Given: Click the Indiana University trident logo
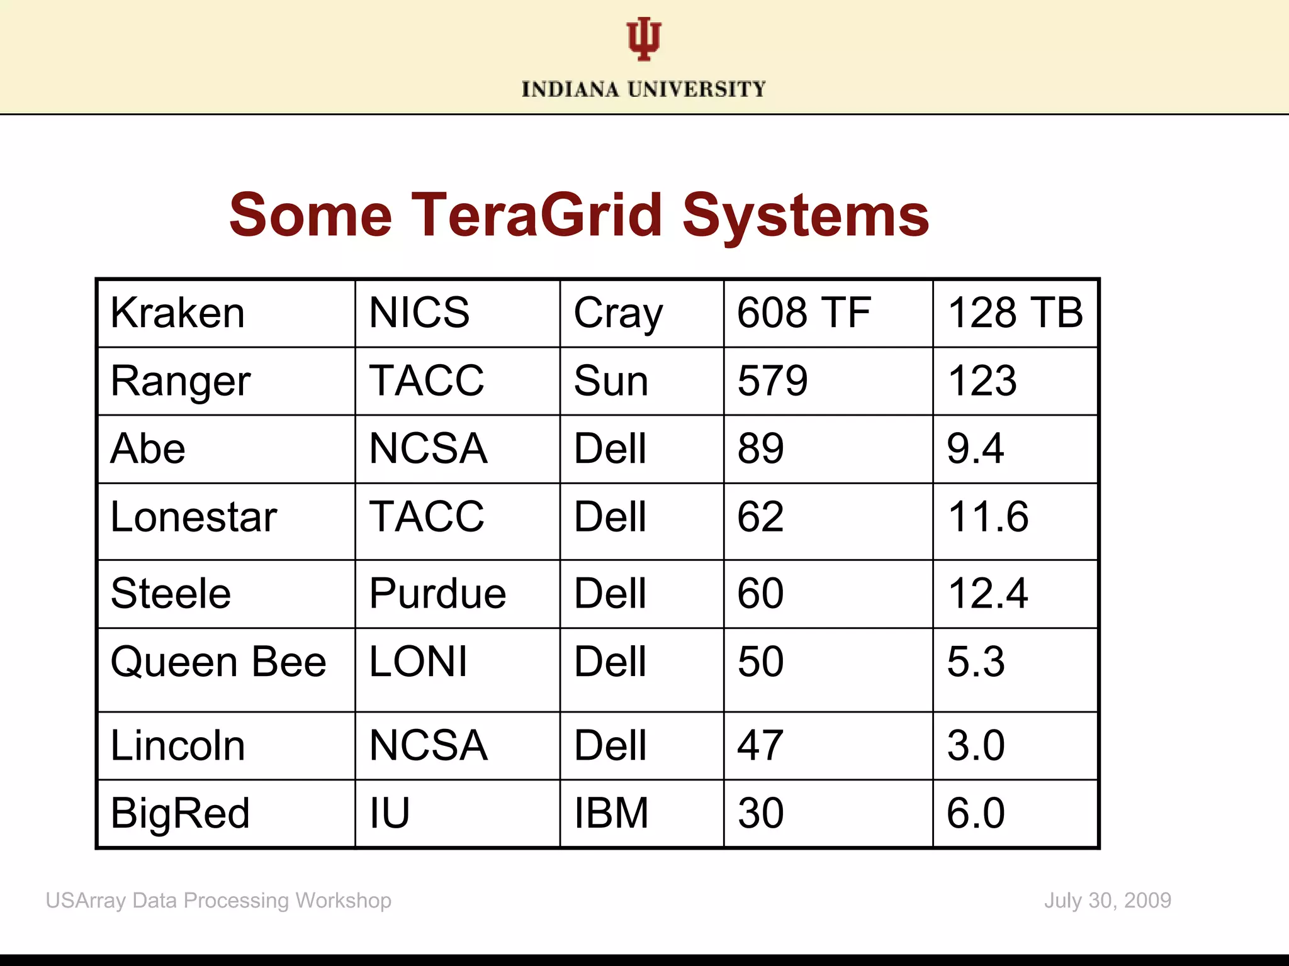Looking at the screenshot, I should (x=643, y=39).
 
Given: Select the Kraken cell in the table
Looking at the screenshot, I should (x=177, y=313).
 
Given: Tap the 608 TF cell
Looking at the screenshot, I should (x=804, y=313).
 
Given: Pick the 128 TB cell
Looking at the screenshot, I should (x=1015, y=313).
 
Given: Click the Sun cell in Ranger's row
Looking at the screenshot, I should (x=611, y=381).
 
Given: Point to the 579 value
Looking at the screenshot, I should (x=772, y=381).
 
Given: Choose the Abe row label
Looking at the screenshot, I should (x=148, y=449).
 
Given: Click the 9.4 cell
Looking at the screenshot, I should (x=975, y=449).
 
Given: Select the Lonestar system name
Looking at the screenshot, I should (x=193, y=518).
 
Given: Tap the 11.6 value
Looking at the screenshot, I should (x=988, y=518).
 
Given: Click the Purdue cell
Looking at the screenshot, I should (x=437, y=594).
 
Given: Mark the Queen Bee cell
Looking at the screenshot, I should (x=218, y=662).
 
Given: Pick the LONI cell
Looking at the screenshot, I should (x=419, y=662).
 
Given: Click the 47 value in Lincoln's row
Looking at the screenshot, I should (x=760, y=746).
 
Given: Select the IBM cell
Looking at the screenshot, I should (x=611, y=813).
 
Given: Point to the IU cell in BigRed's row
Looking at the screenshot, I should (x=390, y=813).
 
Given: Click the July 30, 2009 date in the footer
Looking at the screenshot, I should (x=1107, y=901).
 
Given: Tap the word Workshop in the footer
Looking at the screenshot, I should (x=343, y=901).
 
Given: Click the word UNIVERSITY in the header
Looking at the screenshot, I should (x=697, y=89).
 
